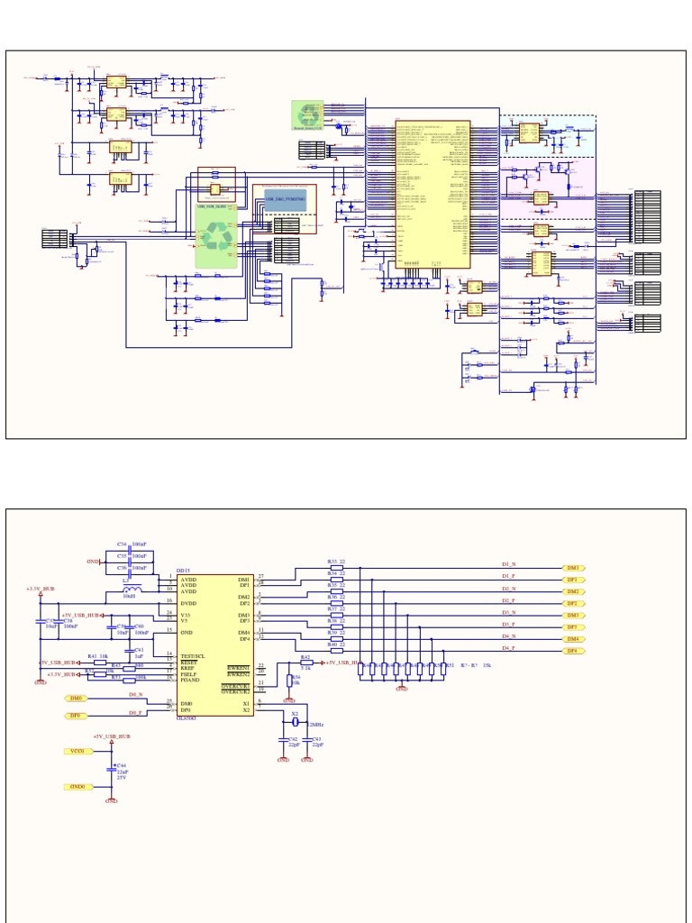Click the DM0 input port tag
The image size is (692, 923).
74,699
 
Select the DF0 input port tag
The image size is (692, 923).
74,716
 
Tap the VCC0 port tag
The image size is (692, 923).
76,750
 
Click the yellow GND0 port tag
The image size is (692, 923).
76,787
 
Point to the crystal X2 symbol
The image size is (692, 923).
295,722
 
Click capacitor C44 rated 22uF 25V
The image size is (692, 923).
112,770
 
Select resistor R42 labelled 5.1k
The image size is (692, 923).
305,663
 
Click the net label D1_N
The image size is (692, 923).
508,564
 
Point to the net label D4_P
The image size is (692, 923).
508,648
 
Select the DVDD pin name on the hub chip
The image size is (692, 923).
188,603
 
